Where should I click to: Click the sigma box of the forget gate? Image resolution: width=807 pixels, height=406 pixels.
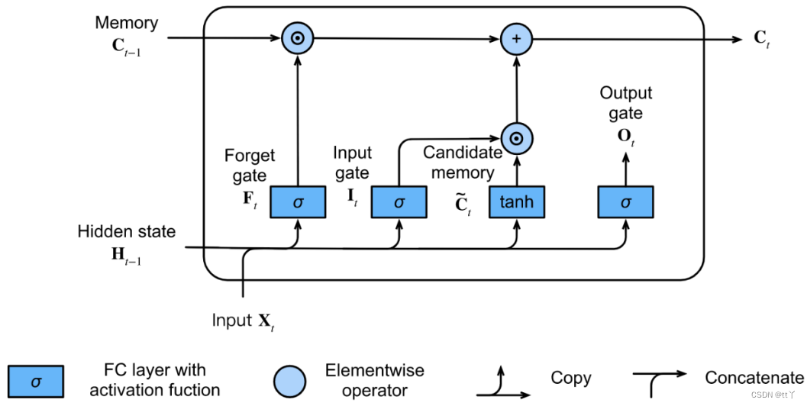[x=298, y=202]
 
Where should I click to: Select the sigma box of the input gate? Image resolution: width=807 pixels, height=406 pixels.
[x=399, y=202]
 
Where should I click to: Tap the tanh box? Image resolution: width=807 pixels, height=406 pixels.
[x=517, y=202]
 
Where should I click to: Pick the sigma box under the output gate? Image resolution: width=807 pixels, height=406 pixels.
[x=625, y=202]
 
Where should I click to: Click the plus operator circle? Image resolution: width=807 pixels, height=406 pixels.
[x=517, y=39]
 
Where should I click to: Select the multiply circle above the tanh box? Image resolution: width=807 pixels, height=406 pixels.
[x=517, y=139]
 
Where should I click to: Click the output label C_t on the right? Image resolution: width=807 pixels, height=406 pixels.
[x=762, y=39]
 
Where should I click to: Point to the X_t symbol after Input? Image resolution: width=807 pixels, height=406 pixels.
[x=266, y=322]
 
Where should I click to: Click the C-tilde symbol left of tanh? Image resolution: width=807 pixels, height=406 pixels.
[x=463, y=205]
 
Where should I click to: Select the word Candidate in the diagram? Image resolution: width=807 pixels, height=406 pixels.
[x=463, y=153]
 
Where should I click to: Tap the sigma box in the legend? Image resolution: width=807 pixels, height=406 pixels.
[x=36, y=382]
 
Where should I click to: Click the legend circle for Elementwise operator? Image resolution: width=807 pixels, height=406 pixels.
[x=290, y=382]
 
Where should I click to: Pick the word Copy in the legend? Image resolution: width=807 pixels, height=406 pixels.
[x=571, y=379]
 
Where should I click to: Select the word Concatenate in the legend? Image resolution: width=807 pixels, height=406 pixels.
[x=754, y=379]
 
